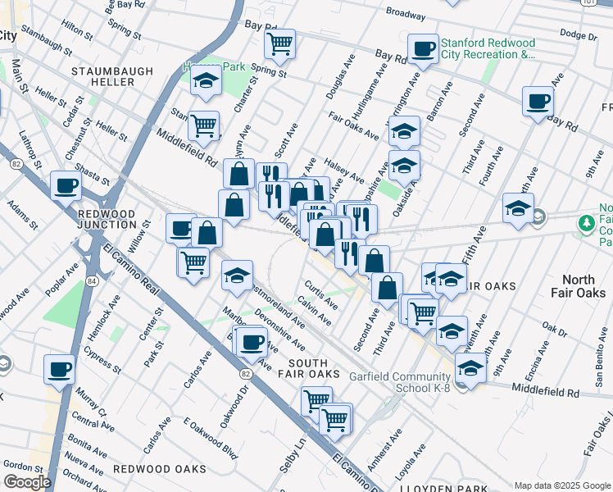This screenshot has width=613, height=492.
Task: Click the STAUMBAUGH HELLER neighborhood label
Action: pos(111,77)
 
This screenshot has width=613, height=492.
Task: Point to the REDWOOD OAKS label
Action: pos(159,469)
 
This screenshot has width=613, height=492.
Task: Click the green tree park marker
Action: pos(586,223)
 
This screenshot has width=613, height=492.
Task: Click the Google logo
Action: pos(27,482)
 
